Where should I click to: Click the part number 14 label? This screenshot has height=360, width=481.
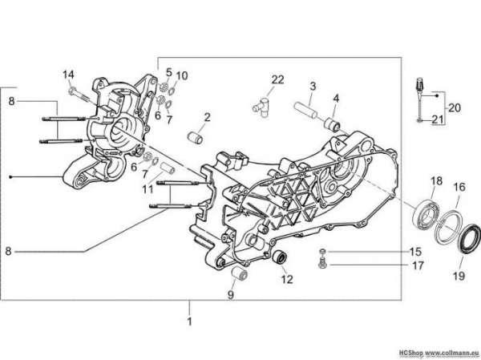(x=68, y=75)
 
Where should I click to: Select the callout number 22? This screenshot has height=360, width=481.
(x=277, y=79)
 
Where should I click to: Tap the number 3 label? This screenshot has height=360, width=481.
(x=313, y=86)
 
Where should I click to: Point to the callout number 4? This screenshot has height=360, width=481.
(x=336, y=99)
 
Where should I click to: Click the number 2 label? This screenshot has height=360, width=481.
(x=208, y=117)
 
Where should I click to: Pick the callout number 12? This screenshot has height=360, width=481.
(x=287, y=279)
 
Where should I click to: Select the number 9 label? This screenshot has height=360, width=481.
(x=231, y=294)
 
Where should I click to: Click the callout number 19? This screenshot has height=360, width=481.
(x=459, y=276)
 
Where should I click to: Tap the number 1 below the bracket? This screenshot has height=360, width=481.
(x=189, y=322)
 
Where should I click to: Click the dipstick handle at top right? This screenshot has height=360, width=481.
(x=418, y=83)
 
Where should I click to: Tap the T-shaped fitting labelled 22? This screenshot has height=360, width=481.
(x=261, y=107)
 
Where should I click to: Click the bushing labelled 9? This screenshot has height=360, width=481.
(x=239, y=273)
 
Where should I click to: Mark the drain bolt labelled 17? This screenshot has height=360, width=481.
(x=321, y=263)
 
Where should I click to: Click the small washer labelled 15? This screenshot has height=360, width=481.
(x=322, y=251)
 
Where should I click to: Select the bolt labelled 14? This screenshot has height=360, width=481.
(x=79, y=94)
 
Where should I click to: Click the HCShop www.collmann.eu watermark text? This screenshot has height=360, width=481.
(x=439, y=352)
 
